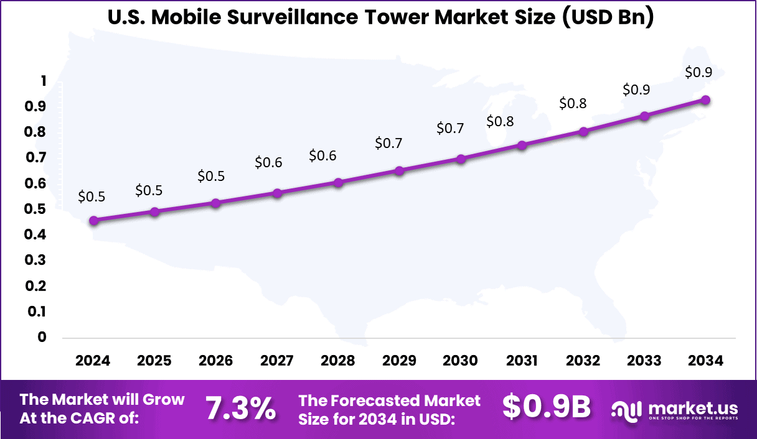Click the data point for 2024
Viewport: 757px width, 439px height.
tap(93, 221)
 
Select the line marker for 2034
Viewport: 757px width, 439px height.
tap(705, 100)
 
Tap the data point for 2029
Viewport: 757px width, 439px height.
tap(400, 170)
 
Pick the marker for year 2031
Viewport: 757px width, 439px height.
tap(522, 146)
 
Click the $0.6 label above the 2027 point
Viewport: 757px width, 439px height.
tap(268, 163)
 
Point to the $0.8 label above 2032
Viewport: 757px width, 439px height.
tap(573, 104)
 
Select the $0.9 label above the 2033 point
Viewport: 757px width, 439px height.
tap(636, 90)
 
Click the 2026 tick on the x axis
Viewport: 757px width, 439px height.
tap(215, 361)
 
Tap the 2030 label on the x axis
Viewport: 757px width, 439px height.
tap(460, 361)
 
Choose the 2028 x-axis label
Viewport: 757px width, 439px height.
tap(338, 361)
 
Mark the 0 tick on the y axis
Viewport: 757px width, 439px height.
tap(42, 337)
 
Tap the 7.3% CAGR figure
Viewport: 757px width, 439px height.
tap(240, 409)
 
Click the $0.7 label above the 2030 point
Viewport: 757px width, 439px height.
tap(450, 129)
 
